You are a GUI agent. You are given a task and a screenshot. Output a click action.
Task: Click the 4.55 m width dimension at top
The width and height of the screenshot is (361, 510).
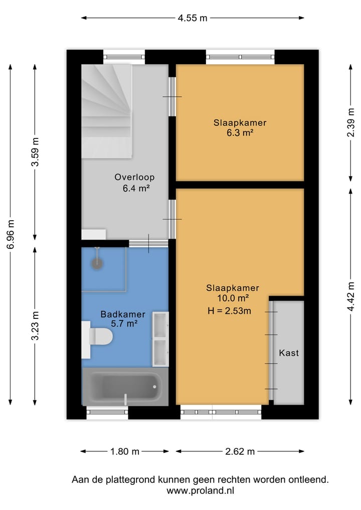click(192, 18)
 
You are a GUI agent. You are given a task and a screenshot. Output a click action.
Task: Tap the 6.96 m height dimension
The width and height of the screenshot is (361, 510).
click(11, 235)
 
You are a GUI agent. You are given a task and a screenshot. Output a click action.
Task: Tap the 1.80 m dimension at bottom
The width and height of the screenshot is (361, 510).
click(125, 451)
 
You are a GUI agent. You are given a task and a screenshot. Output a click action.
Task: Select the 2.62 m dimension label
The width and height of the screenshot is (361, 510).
click(240, 451)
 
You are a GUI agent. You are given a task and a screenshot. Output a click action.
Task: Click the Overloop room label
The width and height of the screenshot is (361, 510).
click(134, 177)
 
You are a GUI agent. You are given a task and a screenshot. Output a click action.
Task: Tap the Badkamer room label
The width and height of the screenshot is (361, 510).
click(123, 314)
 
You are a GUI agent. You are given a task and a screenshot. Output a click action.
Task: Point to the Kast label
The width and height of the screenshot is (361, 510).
click(289, 353)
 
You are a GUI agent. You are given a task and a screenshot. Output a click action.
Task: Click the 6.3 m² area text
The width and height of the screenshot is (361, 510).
click(240, 133)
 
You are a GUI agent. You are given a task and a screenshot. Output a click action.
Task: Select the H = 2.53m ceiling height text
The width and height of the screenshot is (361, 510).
click(229, 310)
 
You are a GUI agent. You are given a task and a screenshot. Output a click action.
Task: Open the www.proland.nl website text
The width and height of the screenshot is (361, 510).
click(200, 491)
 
